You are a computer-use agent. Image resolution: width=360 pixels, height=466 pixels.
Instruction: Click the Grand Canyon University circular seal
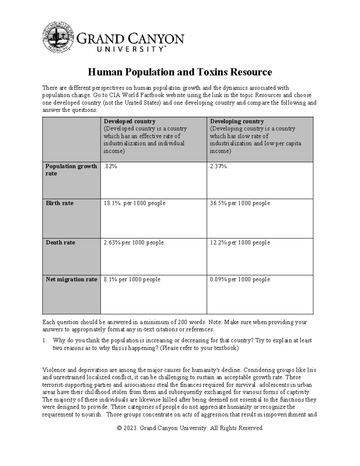click(x=58, y=37)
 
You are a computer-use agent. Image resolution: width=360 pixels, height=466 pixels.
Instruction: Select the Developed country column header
click(x=130, y=122)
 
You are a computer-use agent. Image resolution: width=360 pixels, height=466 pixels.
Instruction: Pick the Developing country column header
click(x=237, y=122)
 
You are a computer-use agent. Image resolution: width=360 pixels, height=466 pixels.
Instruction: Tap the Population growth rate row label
click(x=71, y=170)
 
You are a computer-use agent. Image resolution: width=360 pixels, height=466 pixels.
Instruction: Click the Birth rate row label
click(x=59, y=203)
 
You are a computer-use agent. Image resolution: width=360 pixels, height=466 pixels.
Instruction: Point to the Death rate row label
click(x=60, y=242)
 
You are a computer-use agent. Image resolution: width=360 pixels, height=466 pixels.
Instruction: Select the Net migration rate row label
click(x=71, y=279)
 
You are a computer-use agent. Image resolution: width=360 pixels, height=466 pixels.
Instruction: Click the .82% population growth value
click(x=110, y=166)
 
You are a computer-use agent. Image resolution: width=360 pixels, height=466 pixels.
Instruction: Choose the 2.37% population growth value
click(x=218, y=166)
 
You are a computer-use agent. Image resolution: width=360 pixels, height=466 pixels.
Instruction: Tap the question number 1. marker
click(x=45, y=341)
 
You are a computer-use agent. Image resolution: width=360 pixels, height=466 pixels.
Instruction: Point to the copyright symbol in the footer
click(x=120, y=428)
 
